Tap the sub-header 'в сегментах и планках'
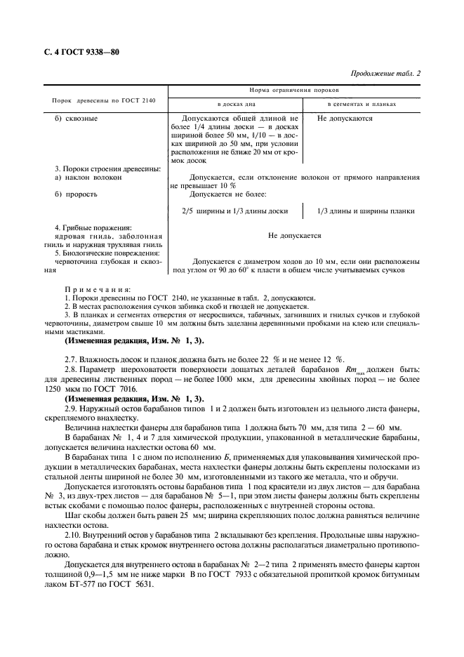tap(362, 104)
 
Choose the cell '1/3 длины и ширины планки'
tap(365, 211)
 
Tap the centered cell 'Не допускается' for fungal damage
tap(295, 237)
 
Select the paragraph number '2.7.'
tap(72, 359)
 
